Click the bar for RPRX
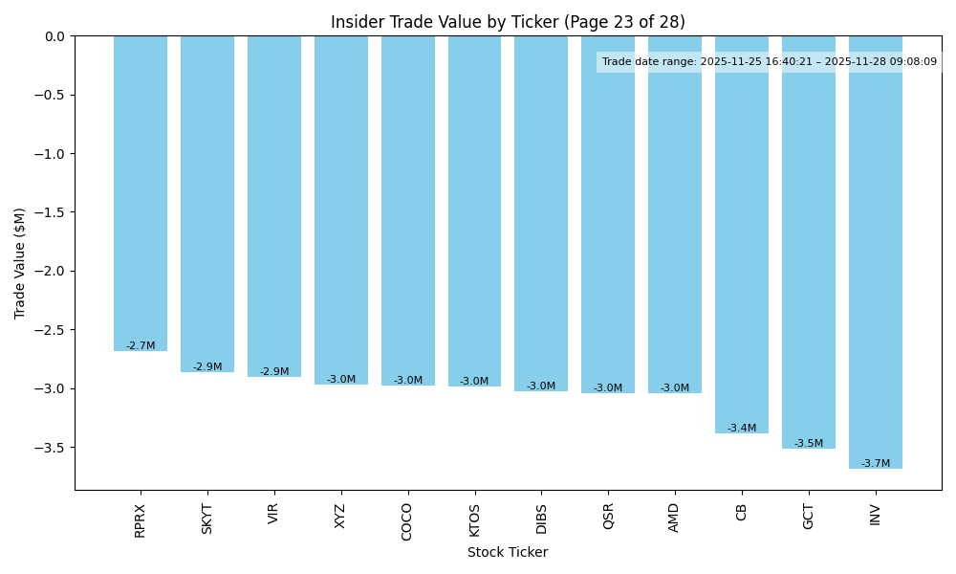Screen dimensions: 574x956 tap(141, 191)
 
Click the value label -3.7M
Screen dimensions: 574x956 tap(876, 464)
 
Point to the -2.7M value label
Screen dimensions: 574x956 tap(141, 346)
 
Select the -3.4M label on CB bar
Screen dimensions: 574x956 tap(742, 429)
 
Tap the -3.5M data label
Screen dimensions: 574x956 tap(809, 444)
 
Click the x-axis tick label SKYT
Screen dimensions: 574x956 tap(207, 518)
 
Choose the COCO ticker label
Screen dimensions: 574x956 tap(408, 521)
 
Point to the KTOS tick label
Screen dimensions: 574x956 tap(475, 520)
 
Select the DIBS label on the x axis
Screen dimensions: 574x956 tap(541, 519)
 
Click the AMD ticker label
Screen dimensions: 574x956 tap(675, 518)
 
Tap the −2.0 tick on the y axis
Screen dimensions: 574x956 tap(51, 271)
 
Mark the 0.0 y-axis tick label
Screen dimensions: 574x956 tap(55, 36)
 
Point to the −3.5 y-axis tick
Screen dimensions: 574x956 tap(51, 448)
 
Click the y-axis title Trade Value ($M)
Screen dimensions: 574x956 tap(20, 263)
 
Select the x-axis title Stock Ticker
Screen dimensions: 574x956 tap(508, 553)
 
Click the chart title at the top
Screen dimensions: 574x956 tap(508, 22)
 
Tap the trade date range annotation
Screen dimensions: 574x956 tap(770, 62)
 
